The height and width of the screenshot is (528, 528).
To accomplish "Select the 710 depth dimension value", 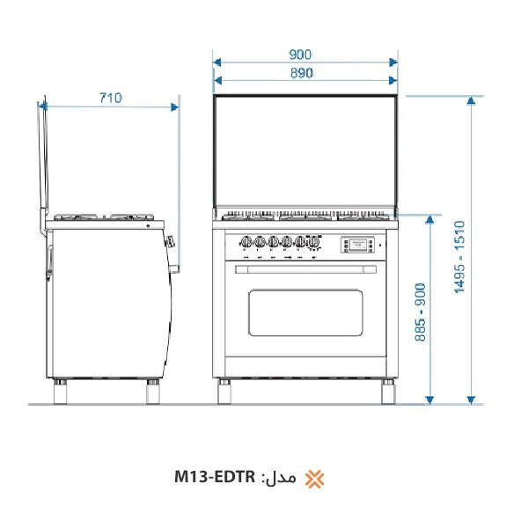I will [110, 98].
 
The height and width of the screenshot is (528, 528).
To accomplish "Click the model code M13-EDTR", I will [215, 478].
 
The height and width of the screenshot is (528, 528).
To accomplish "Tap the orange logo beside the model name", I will [314, 479].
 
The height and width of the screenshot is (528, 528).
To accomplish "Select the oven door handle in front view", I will [305, 268].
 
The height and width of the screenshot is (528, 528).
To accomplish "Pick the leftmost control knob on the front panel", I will [245, 242].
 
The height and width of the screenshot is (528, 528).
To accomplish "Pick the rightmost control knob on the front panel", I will [315, 242].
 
